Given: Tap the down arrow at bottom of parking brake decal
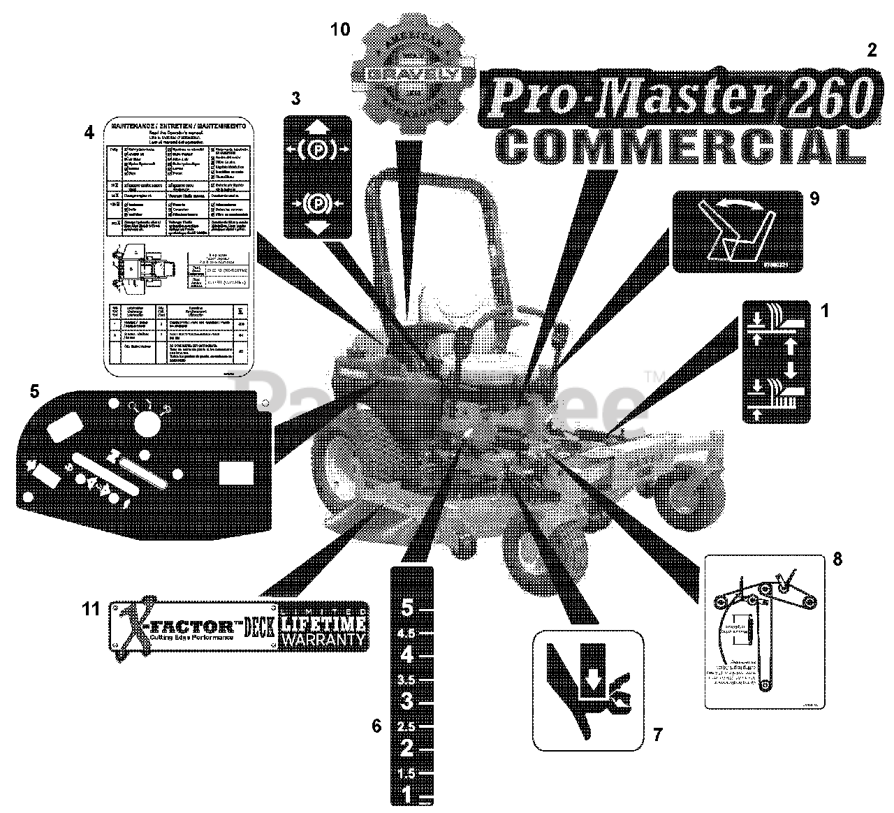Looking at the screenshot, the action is [x=317, y=226].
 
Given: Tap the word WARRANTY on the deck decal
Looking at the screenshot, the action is [x=323, y=638].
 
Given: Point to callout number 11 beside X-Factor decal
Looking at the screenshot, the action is [x=91, y=609].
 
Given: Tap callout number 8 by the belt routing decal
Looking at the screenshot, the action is [x=837, y=559].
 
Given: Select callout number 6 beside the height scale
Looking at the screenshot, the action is [x=376, y=726].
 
